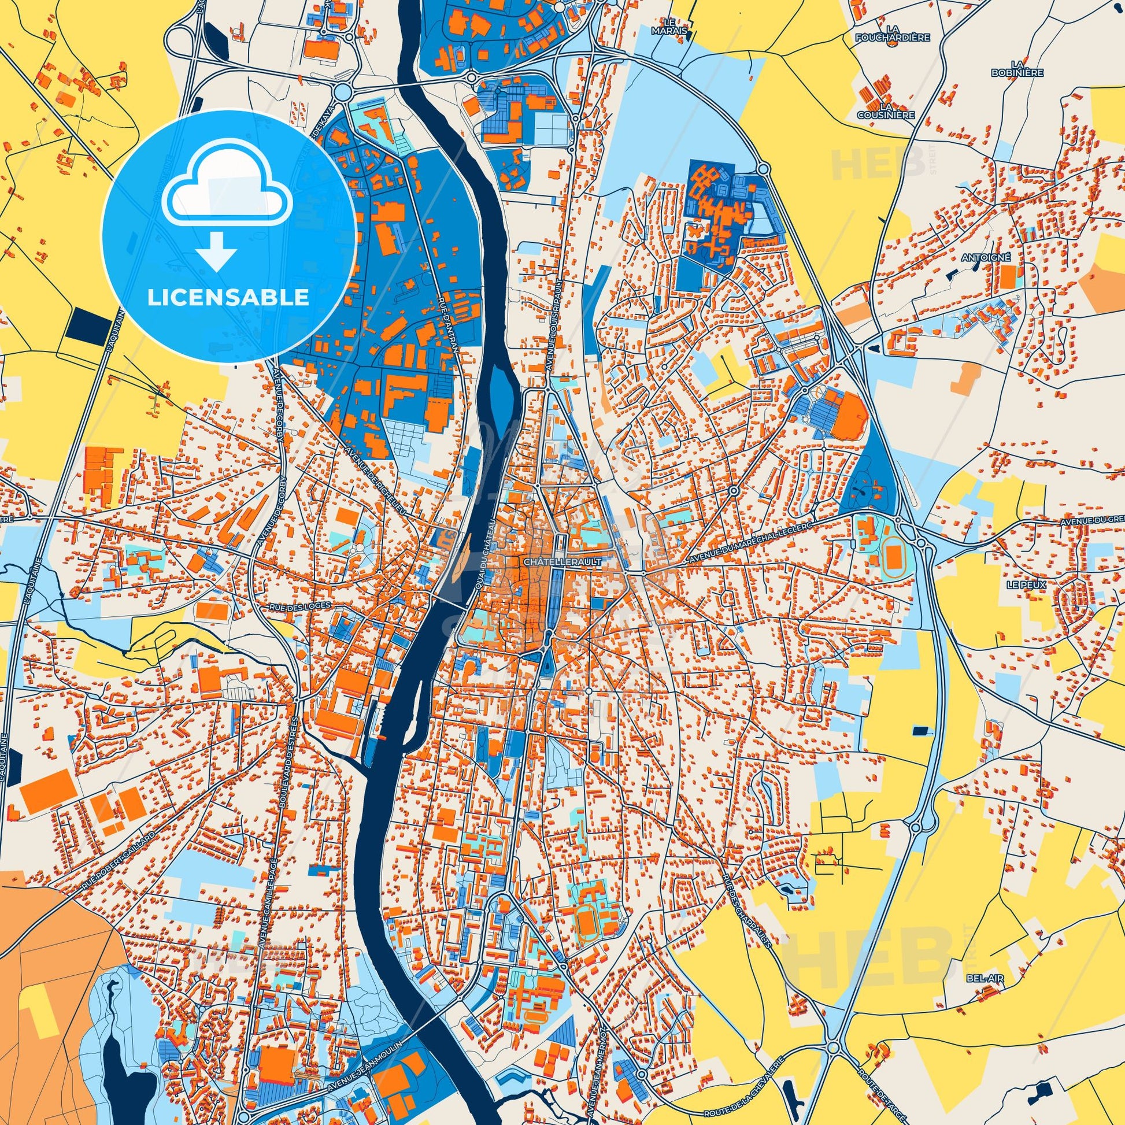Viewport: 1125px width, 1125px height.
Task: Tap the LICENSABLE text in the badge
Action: tap(228, 297)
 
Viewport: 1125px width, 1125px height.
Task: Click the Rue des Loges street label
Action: tap(301, 606)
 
